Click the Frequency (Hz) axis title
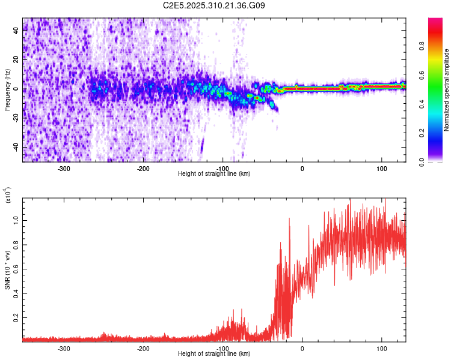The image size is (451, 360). [7, 89]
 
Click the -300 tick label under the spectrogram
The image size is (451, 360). [64, 167]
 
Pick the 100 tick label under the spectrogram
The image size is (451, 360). [381, 167]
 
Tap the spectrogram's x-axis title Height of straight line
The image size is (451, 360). [214, 174]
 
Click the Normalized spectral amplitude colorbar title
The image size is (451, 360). [447, 90]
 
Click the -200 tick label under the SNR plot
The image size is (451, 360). [143, 347]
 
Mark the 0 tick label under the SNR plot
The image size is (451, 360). [302, 347]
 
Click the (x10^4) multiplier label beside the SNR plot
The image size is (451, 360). [8, 195]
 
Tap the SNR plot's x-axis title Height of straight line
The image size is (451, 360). [214, 354]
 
